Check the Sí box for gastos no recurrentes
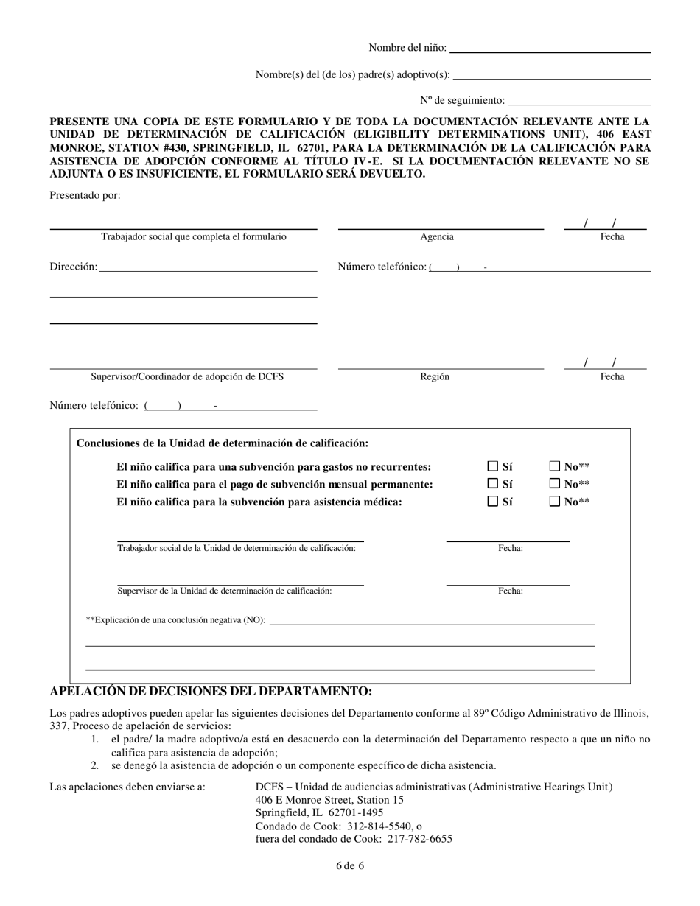coord(493,466)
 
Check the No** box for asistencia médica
coord(556,502)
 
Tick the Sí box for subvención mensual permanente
coord(493,484)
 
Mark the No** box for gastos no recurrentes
coord(556,466)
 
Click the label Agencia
coord(437,237)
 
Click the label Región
coord(435,376)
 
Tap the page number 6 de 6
coord(349,865)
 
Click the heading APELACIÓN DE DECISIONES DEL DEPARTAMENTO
coord(211,692)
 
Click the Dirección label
coord(73,267)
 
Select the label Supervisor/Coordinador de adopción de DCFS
coord(187,376)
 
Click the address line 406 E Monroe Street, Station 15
coord(329,800)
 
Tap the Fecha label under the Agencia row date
coord(612,237)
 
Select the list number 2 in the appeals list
coord(94,765)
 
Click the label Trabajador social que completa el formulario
coord(193,237)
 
